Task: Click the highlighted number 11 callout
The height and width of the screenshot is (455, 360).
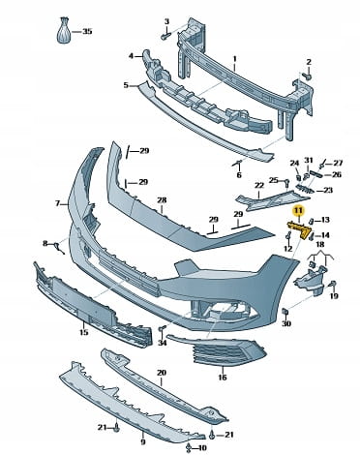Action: coord(298,211)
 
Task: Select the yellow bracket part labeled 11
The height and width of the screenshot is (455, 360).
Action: coord(299,229)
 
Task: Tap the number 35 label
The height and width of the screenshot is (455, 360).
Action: coord(87,31)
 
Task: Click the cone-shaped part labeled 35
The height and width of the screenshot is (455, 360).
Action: coord(65,30)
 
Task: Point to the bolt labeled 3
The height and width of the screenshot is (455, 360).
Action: coord(165,36)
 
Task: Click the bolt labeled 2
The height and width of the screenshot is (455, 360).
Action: coord(308,76)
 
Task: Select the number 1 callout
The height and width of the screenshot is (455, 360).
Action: coord(235,59)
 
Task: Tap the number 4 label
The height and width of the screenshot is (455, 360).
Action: coord(131,56)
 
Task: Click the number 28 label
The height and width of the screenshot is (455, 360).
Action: coord(162,200)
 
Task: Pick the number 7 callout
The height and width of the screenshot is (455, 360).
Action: coord(58,203)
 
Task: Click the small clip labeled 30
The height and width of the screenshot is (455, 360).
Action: coord(285,311)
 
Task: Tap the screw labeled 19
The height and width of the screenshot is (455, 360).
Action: coord(332,285)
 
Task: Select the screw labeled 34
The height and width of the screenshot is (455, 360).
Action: coord(162,329)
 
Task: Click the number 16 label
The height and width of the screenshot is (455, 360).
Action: coord(223,377)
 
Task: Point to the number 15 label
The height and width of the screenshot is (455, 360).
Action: coord(83,332)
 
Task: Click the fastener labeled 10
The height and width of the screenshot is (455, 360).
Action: coord(189,447)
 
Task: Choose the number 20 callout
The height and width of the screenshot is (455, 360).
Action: coord(162,373)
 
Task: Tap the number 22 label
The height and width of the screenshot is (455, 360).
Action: coord(259,186)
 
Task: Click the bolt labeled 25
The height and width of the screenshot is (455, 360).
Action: coord(285,182)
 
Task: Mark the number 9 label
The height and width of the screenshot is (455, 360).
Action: coord(143,441)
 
